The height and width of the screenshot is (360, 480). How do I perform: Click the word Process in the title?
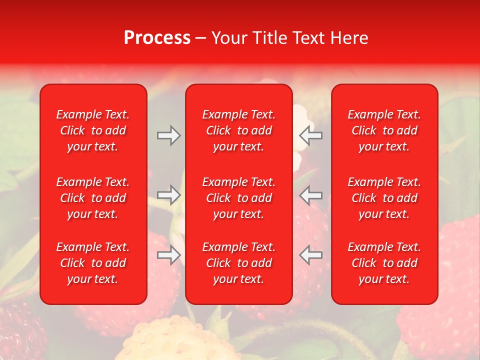coord(157,38)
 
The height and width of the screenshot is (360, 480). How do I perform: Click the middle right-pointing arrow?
coord(168,195)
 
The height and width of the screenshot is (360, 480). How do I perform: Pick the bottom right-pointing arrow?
coord(168,255)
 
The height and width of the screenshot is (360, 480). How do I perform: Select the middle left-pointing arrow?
coord(310,195)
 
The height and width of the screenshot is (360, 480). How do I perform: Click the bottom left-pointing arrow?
coord(310,255)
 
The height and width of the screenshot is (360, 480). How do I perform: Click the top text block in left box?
coord(93,130)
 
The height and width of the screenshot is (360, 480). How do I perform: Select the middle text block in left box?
coord(93,198)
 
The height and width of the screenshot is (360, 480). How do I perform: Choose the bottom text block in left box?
coord(93,263)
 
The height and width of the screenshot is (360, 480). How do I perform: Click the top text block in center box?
coord(239,130)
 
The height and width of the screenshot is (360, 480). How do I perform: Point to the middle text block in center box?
coord(239,198)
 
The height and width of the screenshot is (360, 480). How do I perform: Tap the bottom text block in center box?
coord(239,263)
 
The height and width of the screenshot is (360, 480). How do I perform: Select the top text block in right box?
coord(384,130)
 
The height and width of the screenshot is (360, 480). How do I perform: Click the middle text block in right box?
coord(384,198)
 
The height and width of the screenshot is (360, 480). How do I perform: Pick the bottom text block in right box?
coord(384,263)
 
